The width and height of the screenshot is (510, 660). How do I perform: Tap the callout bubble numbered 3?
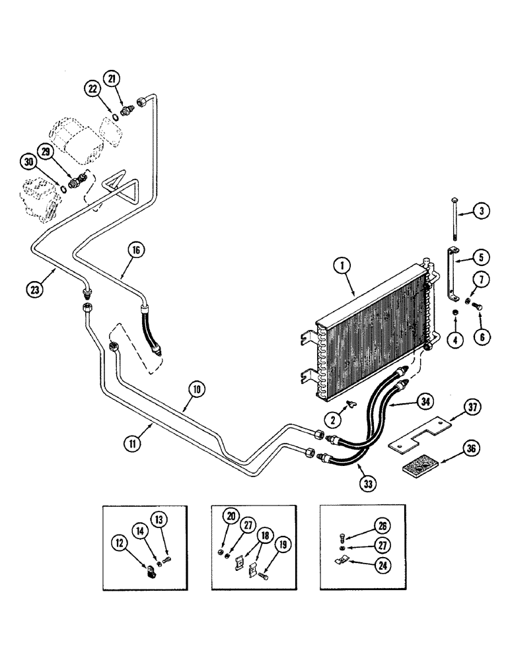[482, 212]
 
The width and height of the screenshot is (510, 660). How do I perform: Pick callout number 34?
[425, 400]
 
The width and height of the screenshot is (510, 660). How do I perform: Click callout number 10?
[196, 389]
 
